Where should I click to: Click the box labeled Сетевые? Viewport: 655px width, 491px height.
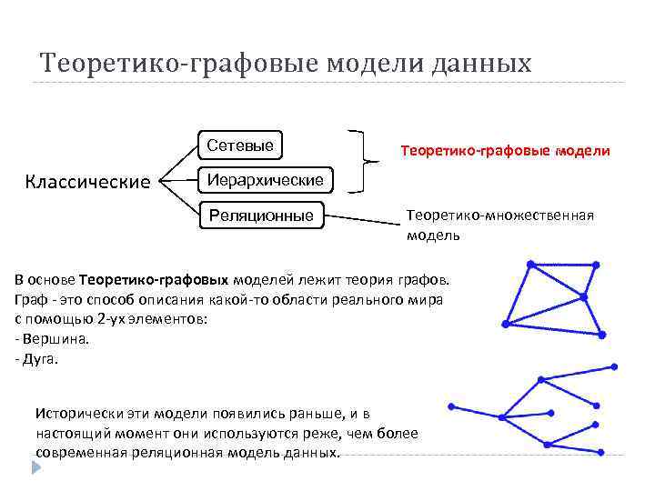[x=239, y=145]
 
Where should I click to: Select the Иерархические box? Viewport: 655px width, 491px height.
[x=265, y=180]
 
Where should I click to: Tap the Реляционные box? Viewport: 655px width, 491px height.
[x=261, y=215]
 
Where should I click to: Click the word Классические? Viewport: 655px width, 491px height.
[x=87, y=182]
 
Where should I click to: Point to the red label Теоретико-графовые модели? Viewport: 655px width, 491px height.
[x=505, y=150]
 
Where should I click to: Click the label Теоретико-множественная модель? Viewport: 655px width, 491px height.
[x=499, y=224]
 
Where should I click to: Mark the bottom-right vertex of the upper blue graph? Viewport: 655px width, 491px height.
[x=601, y=336]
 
